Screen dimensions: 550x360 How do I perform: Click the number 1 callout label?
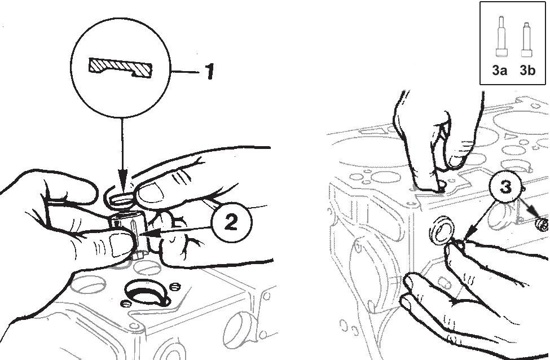pos(209,72)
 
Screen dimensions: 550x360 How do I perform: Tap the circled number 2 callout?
pos(231,222)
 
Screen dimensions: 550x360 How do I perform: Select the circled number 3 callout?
pos(505,187)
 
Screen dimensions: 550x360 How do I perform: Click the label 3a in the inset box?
pos(499,70)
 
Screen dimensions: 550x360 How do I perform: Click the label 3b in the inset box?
pos(527,70)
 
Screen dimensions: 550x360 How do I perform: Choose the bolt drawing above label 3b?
pos(526,39)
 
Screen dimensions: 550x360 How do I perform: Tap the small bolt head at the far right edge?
pos(542,225)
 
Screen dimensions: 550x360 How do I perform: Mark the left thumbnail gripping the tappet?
pos(116,244)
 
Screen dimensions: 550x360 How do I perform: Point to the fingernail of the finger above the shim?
pos(152,192)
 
